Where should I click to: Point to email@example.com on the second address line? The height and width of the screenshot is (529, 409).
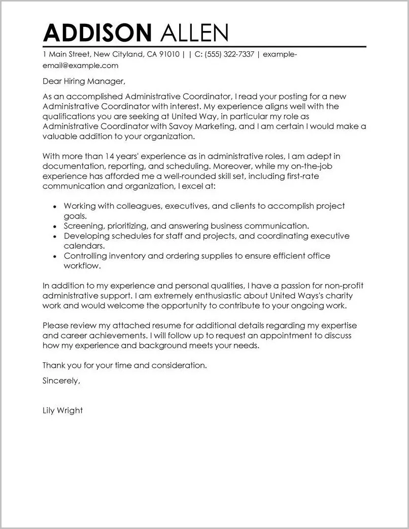click(x=80, y=66)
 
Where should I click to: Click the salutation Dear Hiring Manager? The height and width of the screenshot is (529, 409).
click(x=83, y=81)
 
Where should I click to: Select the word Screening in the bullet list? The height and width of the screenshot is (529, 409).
click(x=83, y=226)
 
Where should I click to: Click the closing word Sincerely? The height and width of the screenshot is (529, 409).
click(x=61, y=381)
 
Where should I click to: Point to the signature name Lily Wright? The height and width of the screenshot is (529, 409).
click(x=62, y=410)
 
